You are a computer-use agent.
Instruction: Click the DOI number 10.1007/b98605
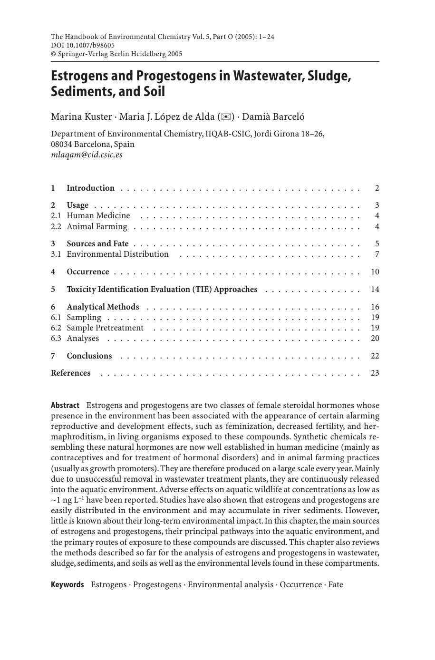[x=83, y=45]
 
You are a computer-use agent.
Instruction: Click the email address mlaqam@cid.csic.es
[x=87, y=155]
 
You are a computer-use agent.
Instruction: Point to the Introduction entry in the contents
[x=90, y=188]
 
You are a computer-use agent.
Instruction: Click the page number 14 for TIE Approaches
[x=375, y=289]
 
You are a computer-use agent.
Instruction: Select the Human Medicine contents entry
[x=98, y=216]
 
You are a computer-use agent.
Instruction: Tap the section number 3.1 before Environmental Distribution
[x=56, y=254]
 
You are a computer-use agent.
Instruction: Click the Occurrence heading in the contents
[x=87, y=272]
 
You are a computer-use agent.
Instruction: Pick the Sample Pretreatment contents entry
[x=105, y=328]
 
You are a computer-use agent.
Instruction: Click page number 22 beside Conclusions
[x=375, y=356]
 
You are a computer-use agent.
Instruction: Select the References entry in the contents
[x=70, y=373]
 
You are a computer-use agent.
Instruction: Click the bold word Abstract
[x=65, y=405]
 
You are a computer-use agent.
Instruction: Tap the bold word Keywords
[x=67, y=584]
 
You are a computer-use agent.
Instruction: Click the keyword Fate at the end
[x=335, y=584]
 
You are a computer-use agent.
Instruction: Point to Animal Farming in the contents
[x=97, y=226]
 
